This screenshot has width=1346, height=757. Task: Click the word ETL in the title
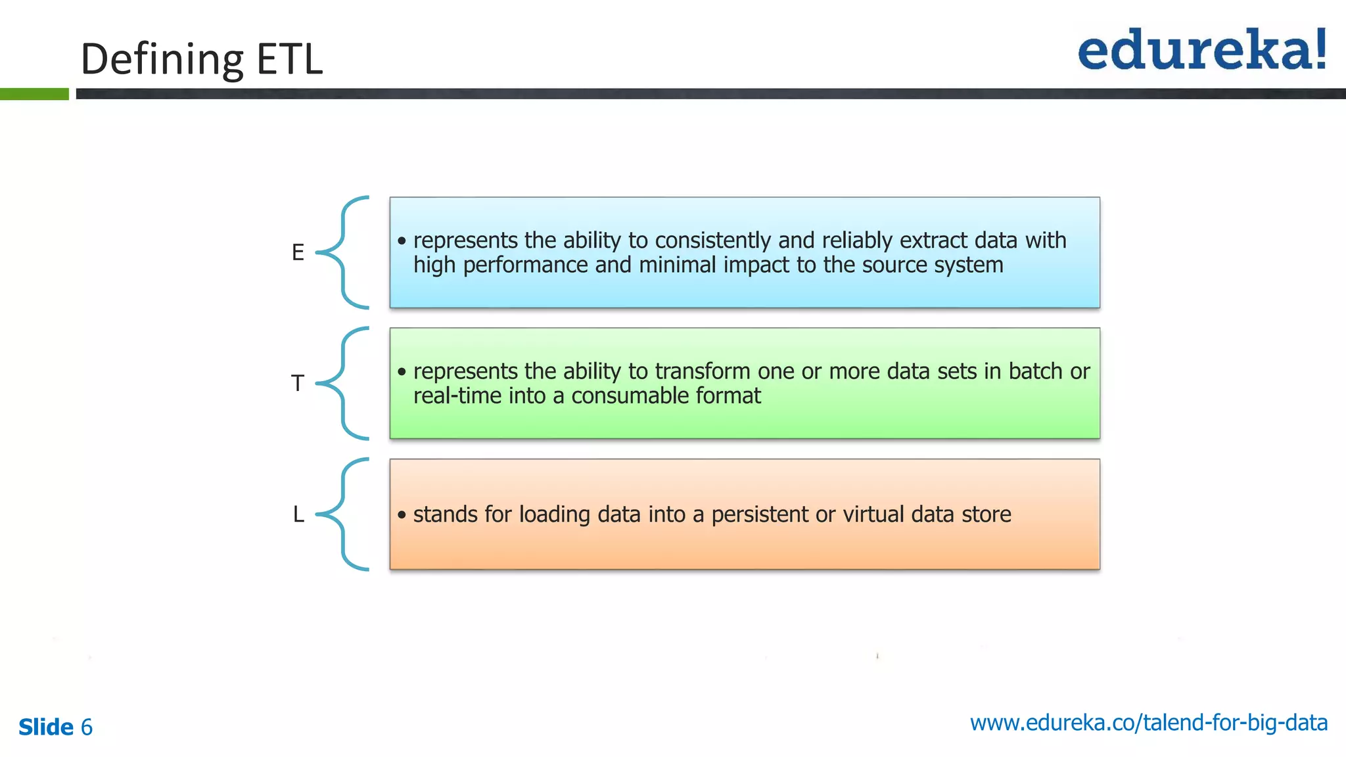[289, 59]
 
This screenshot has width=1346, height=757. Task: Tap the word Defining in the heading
[162, 59]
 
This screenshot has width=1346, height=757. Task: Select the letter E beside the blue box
[298, 252]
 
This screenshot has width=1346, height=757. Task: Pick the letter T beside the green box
[298, 383]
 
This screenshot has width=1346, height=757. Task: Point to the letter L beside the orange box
[298, 514]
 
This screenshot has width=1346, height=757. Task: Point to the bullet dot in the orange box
[402, 515]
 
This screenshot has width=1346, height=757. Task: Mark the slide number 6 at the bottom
[86, 727]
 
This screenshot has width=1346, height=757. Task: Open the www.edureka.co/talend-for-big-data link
[1148, 723]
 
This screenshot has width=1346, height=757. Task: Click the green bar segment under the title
[34, 94]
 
